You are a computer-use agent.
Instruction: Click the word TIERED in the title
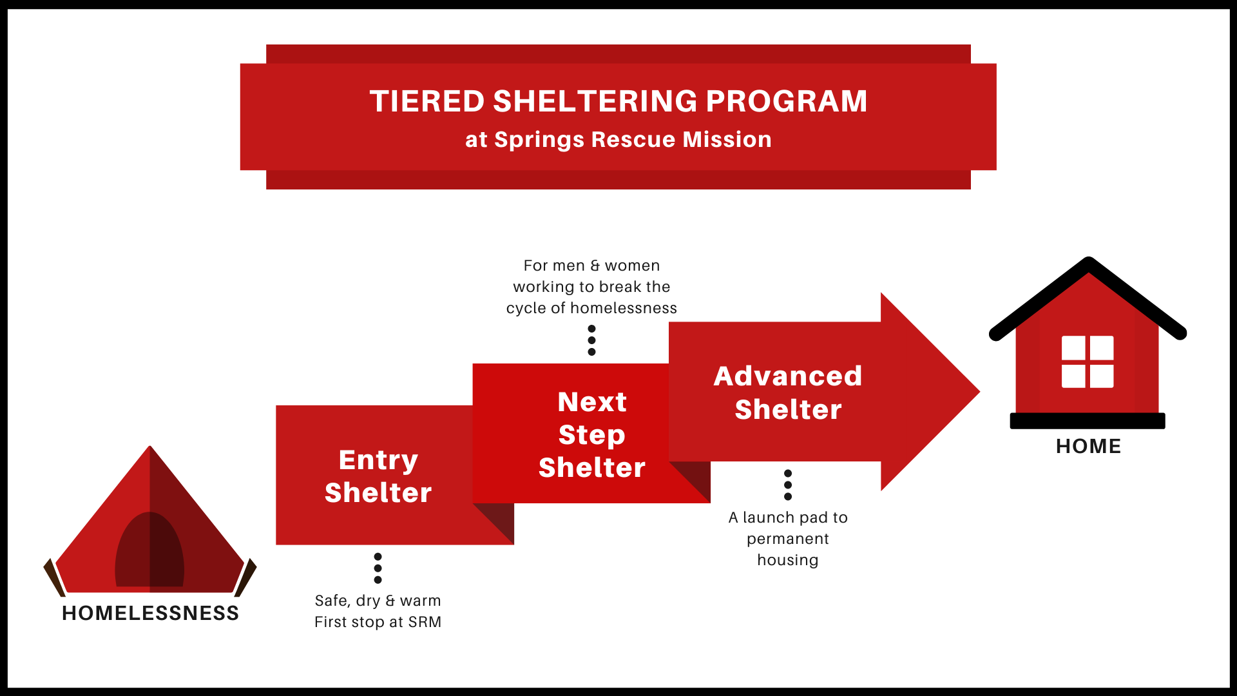coord(427,102)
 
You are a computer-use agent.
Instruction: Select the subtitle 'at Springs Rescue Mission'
coord(618,140)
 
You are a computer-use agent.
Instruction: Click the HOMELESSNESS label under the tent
coord(150,613)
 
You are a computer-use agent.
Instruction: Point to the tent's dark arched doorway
coord(149,551)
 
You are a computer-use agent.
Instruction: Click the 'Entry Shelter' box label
coord(378,476)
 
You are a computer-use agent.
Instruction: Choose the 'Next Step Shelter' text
coord(591,434)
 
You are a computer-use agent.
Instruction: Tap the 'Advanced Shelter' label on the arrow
coord(787,392)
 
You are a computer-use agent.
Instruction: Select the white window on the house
coord(1088,362)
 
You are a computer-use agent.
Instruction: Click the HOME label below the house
coord(1088,446)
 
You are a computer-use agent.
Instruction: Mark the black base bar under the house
coord(1088,421)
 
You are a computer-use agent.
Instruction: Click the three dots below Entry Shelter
coord(378,568)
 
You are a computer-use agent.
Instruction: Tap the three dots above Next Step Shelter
coord(591,340)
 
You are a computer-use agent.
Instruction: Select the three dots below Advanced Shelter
coord(787,485)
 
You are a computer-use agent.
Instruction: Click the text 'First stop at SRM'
coord(378,622)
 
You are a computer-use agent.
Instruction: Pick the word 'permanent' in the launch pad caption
coord(787,539)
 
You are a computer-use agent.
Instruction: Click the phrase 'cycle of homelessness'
coord(591,308)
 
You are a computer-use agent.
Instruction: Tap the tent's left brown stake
coord(54,577)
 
